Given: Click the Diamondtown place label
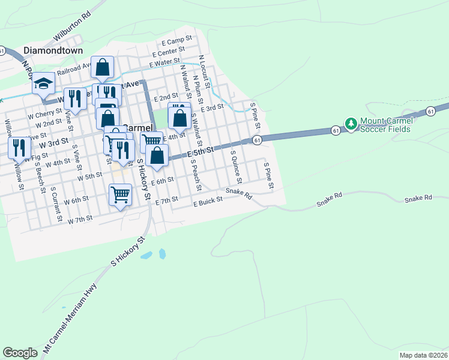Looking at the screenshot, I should click(53, 51).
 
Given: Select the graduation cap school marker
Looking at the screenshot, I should click(43, 83).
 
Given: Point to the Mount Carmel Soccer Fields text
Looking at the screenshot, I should click(385, 125).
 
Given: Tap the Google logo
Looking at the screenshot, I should click(20, 352).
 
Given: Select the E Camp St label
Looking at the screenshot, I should click(176, 41).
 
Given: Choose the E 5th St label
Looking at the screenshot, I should click(200, 153).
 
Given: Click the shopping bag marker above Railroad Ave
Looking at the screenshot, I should click(103, 67).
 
